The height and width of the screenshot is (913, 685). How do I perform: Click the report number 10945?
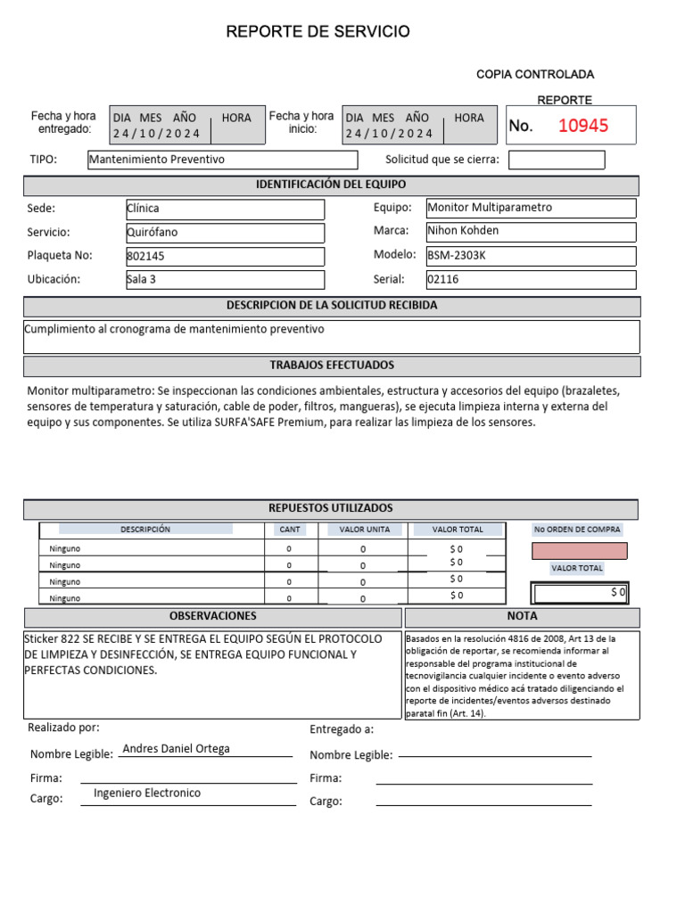tap(583, 126)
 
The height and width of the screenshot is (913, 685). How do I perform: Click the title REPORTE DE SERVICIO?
tap(318, 32)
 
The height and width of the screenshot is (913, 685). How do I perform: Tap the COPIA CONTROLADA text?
tap(535, 74)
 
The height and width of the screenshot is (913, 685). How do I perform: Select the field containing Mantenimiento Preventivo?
tap(222, 160)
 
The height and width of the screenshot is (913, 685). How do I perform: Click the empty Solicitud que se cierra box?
tap(556, 160)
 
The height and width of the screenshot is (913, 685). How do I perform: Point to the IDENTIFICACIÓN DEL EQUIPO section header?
tap(331, 185)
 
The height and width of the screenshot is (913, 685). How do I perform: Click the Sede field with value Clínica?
tap(225, 209)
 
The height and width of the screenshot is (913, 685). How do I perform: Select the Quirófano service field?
tap(225, 232)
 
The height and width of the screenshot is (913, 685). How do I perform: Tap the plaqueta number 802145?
tap(225, 256)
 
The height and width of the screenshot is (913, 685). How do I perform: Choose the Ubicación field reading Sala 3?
tap(225, 279)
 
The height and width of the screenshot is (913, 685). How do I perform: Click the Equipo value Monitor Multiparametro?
tap(531, 208)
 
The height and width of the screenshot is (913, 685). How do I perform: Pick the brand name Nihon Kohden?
tap(531, 231)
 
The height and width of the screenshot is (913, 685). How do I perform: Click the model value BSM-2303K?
tap(531, 255)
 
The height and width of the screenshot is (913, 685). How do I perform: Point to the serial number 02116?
tap(531, 279)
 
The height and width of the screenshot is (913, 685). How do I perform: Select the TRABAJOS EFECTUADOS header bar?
tap(331, 366)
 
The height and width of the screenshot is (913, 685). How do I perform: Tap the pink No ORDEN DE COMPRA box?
tap(579, 551)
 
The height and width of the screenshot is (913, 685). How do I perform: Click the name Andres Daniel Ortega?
tap(176, 749)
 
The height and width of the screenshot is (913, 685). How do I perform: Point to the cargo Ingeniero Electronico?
tap(147, 794)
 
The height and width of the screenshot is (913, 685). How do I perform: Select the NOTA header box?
tap(522, 617)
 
